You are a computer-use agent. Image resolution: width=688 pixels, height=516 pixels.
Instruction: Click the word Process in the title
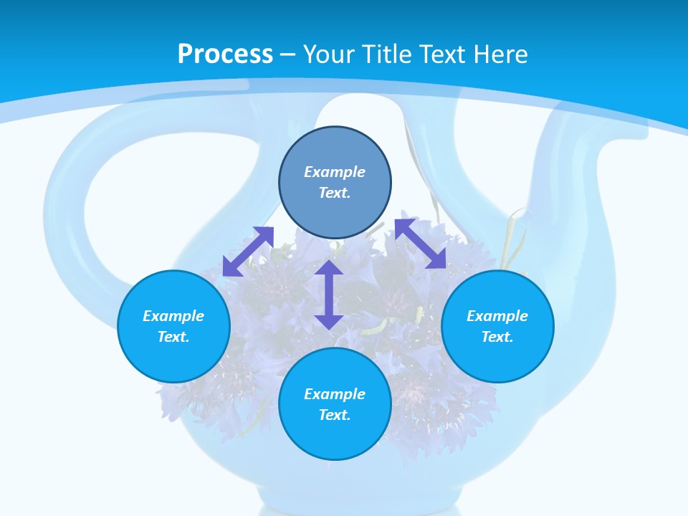coord(225,54)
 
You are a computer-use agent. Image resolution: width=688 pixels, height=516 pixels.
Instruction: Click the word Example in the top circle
coord(335,172)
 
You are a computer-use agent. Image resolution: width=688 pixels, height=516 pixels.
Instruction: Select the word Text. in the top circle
coord(335,193)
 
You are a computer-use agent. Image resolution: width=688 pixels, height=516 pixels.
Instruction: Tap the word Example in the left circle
coord(173,316)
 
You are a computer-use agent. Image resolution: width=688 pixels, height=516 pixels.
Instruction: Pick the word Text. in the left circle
coord(173,337)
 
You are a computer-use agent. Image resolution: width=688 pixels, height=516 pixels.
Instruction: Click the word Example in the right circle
coord(497,316)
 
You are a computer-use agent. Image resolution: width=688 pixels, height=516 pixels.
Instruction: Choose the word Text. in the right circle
coord(497,337)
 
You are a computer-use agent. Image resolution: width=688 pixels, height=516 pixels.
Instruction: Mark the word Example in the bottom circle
coord(335,394)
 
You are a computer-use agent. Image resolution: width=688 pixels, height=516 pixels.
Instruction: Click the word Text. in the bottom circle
coord(335,415)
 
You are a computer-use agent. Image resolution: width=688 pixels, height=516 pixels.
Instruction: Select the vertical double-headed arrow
coord(329,295)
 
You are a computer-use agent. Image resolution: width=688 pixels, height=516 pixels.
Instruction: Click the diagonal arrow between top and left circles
coord(248,252)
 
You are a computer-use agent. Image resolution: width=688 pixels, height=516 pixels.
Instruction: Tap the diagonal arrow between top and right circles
coord(421,244)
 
